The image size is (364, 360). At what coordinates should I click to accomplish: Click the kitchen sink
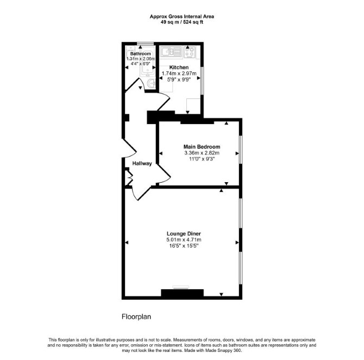click(172, 52)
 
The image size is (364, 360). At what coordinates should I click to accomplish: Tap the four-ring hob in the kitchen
click(190, 52)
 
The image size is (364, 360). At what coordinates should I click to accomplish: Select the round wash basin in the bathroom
click(152, 83)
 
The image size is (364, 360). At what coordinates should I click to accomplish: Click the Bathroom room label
click(141, 54)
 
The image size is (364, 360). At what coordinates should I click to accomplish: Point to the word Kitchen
click(179, 67)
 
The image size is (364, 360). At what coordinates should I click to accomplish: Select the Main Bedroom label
click(202, 147)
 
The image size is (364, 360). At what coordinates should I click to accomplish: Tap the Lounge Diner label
click(184, 234)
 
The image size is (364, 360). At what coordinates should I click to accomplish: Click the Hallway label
click(142, 163)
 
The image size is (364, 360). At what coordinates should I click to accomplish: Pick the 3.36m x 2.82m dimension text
click(202, 153)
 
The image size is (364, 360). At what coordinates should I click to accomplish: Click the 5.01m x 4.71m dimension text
click(184, 240)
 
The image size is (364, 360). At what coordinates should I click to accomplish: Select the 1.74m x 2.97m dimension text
click(179, 73)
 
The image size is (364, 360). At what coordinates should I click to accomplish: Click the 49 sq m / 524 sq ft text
click(182, 22)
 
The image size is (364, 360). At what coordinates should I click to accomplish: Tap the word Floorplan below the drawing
click(136, 317)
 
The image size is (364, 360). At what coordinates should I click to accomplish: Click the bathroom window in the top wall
click(145, 44)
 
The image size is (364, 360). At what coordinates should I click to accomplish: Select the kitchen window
click(202, 80)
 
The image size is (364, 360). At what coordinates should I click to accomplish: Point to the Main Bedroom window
click(241, 150)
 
